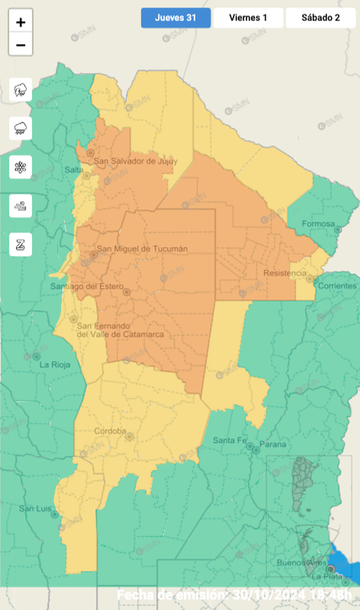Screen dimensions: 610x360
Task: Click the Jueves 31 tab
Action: (x=175, y=18)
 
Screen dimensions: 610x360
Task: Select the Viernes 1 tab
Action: (x=248, y=18)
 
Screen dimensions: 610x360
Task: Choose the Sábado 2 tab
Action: (x=320, y=18)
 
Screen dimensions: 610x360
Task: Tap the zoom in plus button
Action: (x=21, y=22)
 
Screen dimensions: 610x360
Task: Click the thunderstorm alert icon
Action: (x=21, y=90)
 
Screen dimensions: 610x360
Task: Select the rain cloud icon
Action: (x=21, y=128)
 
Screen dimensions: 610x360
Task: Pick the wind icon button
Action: (x=21, y=206)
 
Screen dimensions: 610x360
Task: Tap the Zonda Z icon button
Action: (x=21, y=244)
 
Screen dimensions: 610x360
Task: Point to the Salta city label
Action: (x=73, y=170)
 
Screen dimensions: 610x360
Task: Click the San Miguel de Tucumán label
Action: (x=142, y=248)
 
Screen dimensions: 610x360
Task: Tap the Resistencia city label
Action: (x=284, y=273)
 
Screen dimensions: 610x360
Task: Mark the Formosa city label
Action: (x=318, y=224)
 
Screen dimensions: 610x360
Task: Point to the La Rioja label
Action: (x=54, y=365)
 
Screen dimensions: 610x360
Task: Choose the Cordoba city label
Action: (x=110, y=431)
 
